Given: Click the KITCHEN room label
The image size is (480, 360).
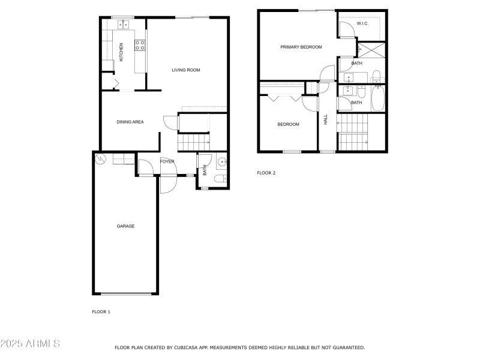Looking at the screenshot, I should pyautogui.click(x=121, y=52).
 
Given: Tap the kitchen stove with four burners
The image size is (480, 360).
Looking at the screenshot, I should pyautogui.click(x=140, y=44).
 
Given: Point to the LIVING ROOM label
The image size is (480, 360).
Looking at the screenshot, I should pyautogui.click(x=185, y=70).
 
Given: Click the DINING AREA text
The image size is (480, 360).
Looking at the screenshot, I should pyautogui.click(x=130, y=122).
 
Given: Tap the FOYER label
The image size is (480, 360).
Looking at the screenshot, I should pyautogui.click(x=167, y=161).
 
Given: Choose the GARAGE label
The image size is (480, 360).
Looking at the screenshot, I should pyautogui.click(x=125, y=226).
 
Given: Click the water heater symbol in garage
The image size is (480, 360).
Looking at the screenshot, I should pyautogui.click(x=101, y=159).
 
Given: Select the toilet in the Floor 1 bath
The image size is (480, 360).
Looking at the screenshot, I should pyautogui.click(x=222, y=178).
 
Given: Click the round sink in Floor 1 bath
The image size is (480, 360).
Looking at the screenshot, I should pyautogui.click(x=222, y=161).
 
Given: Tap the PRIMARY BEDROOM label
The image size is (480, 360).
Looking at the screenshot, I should pyautogui.click(x=301, y=47).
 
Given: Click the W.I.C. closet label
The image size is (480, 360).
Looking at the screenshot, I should pyautogui.click(x=362, y=23).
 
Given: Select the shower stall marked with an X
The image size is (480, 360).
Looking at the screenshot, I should pyautogui.click(x=372, y=50).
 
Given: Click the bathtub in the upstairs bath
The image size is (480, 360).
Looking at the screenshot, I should pyautogui.click(x=378, y=98).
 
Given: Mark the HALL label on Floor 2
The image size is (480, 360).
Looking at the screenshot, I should pyautogui.click(x=326, y=119).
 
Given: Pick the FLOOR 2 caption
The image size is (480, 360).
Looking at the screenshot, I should pyautogui.click(x=266, y=173).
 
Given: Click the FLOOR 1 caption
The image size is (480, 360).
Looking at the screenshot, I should pyautogui.click(x=101, y=311).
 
